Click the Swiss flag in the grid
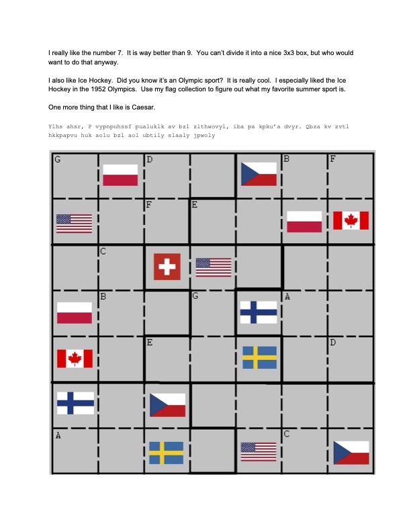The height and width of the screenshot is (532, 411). pos(167,266)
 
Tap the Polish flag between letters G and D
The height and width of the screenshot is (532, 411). pos(120,175)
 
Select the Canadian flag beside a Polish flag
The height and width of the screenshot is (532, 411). pos(351,220)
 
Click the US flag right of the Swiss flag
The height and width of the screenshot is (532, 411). pos(214,267)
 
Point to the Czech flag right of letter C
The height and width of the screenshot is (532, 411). pos(351,452)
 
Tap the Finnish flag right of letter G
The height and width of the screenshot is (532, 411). pos(259,312)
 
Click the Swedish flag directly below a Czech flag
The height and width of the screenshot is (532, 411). pos(166,452)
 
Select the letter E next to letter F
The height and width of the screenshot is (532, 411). pos(194,204)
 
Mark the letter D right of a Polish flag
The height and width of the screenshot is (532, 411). pos(149,159)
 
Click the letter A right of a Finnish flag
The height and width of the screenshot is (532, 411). pos(287,296)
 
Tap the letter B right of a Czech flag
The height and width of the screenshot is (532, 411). pos(286,159)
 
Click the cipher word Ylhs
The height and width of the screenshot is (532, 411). pos(56,126)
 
